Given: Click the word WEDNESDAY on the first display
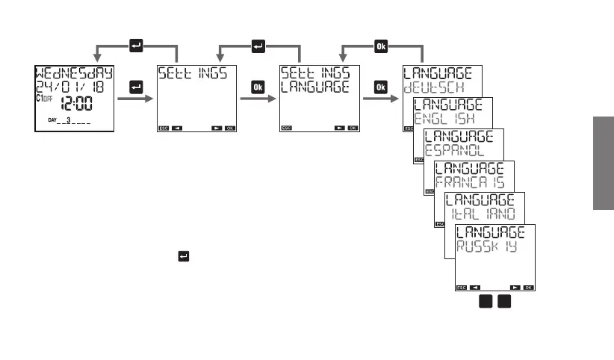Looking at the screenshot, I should pos(73,74).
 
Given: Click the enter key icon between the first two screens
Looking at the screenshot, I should pos(136,88).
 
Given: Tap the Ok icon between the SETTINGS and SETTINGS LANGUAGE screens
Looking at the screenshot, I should pos(258,88).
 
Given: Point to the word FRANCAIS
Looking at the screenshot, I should pos(469,183).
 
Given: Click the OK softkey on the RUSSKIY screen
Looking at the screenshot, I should pos(528,287).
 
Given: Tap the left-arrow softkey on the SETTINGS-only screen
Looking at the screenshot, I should pos(177,128).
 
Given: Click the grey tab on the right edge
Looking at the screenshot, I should pos(604,163).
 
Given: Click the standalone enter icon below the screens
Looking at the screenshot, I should pos(182,256).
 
